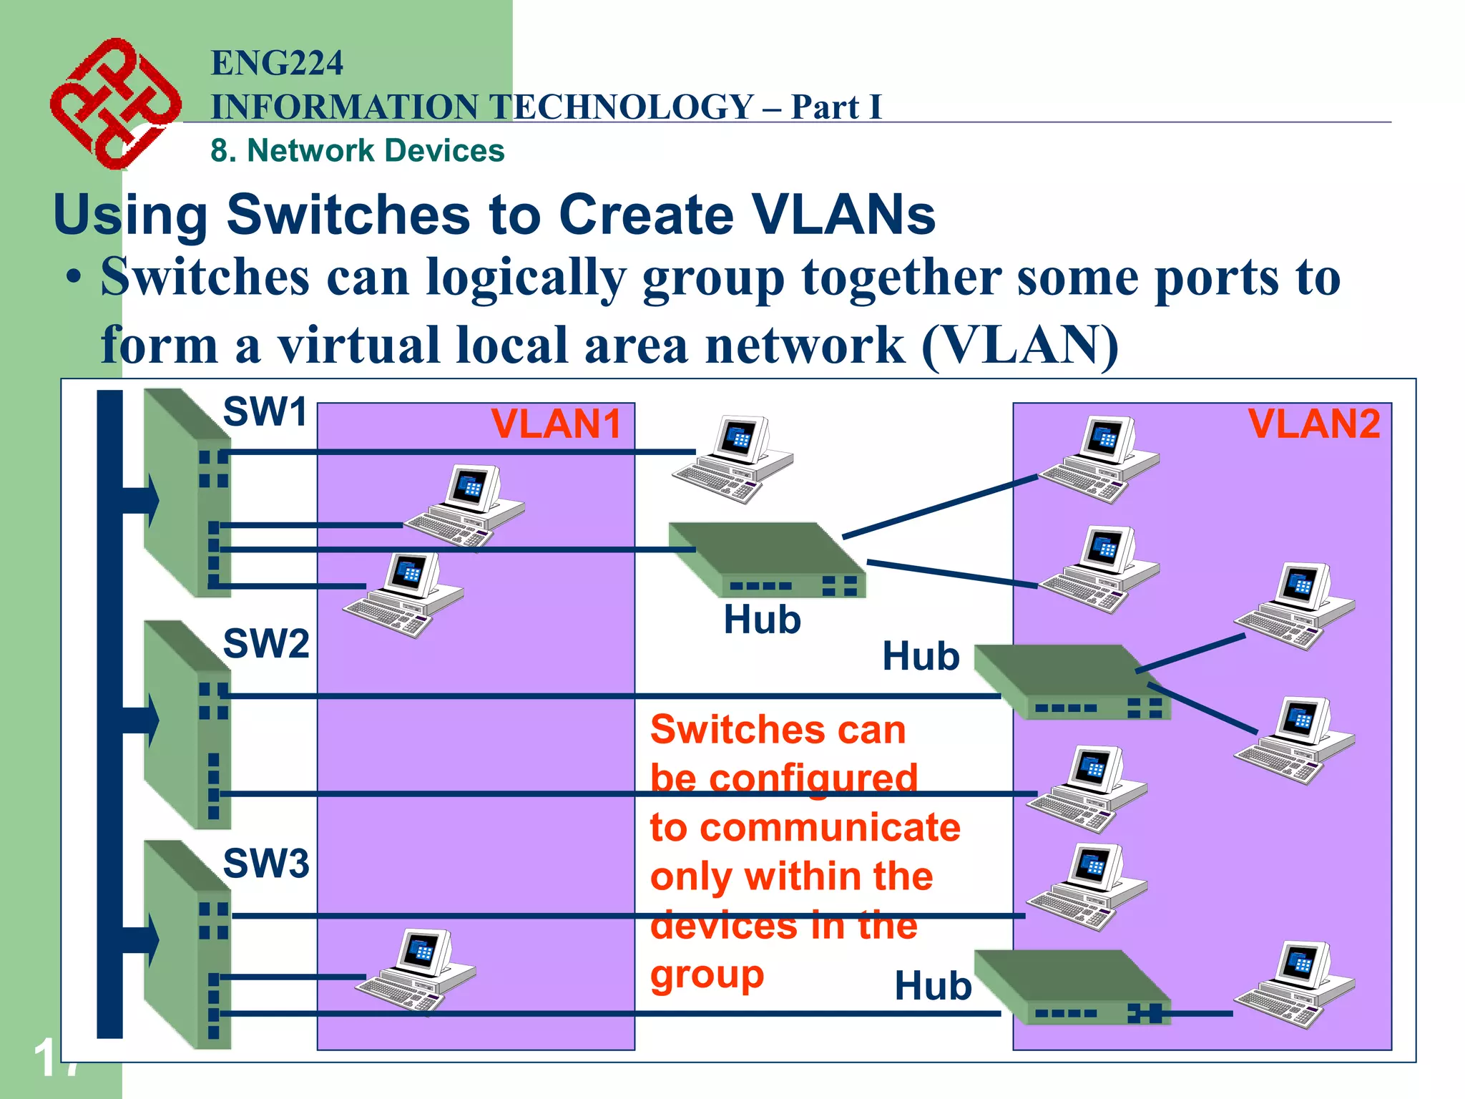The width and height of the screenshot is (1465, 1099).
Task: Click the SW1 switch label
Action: click(265, 412)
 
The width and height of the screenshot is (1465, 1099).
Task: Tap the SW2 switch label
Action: click(265, 643)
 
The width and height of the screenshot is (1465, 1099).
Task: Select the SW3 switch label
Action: click(265, 863)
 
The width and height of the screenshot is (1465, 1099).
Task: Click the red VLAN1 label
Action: click(556, 424)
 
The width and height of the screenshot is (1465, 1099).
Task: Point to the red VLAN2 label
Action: click(1313, 424)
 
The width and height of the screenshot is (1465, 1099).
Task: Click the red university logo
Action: click(114, 103)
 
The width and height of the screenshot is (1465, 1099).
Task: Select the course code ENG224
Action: click(277, 63)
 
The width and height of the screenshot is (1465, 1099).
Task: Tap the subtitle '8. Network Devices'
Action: click(357, 151)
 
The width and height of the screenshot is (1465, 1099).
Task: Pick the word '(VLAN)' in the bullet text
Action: click(1019, 346)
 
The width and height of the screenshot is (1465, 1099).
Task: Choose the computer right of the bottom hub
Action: click(1295, 985)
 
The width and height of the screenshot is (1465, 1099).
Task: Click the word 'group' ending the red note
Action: click(707, 975)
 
